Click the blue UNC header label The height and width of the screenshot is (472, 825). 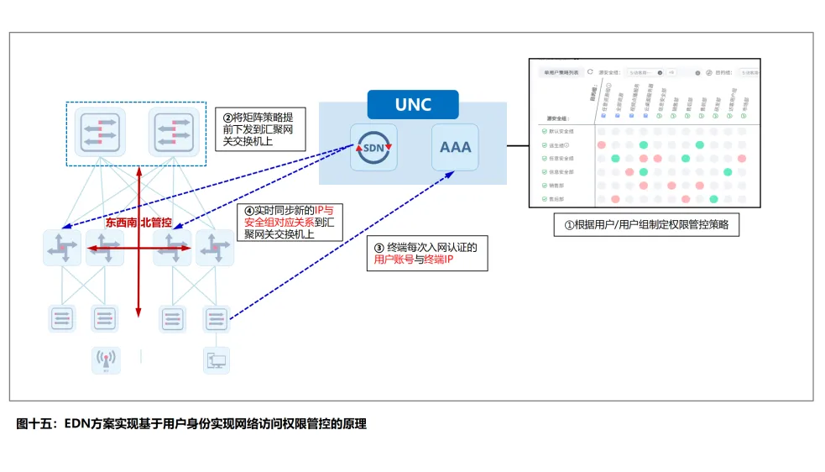[x=413, y=105]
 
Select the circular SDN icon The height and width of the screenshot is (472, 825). [x=373, y=147]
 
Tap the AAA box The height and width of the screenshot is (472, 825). [x=456, y=147]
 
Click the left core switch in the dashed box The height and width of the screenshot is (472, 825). [x=99, y=131]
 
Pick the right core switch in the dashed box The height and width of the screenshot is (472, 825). [x=174, y=131]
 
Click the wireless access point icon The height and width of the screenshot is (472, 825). [x=106, y=359]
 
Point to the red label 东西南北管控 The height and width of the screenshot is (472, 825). [x=138, y=223]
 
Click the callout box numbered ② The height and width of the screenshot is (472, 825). [x=259, y=130]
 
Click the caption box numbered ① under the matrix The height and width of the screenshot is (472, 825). [x=645, y=225]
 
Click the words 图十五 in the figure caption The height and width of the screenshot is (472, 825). [x=34, y=424]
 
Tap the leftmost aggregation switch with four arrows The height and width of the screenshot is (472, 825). [x=63, y=249]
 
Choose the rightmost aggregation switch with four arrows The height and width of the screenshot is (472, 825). [x=215, y=249]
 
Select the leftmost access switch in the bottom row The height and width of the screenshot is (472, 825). [x=63, y=318]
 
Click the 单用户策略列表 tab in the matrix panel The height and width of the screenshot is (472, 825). [x=561, y=73]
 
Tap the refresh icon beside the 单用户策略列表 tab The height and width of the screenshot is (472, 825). [x=589, y=72]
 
